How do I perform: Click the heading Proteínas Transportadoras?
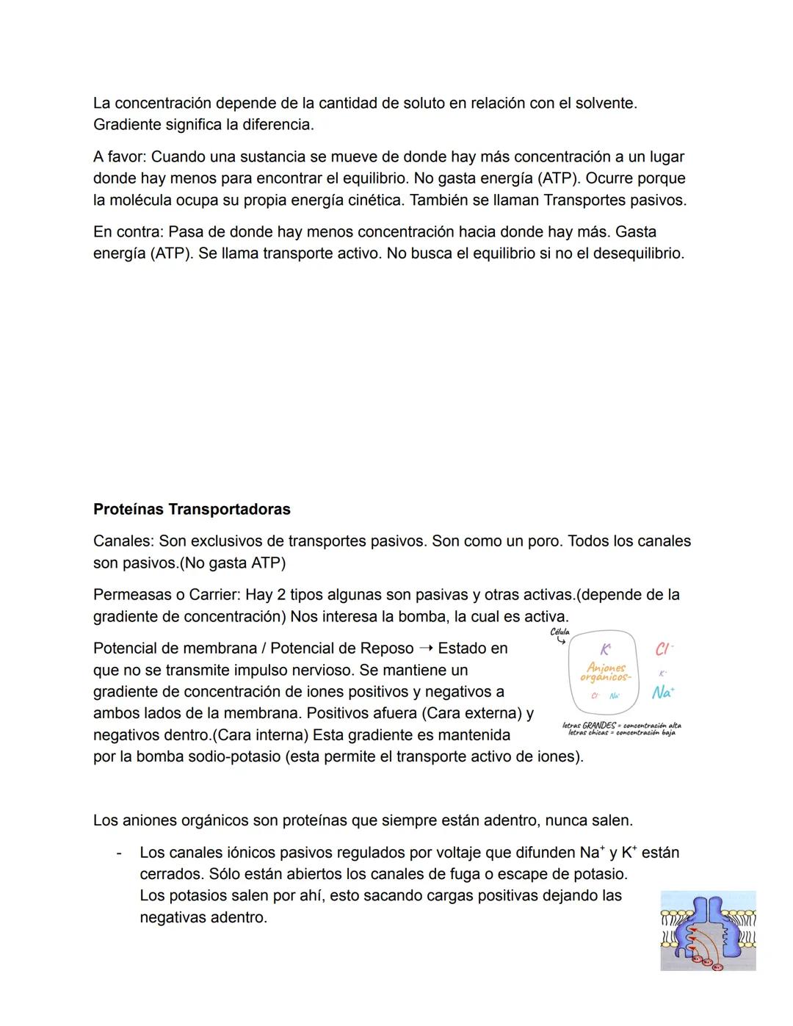pos(192,509)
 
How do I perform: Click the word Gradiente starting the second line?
pos(128,125)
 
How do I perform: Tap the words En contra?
pos(128,232)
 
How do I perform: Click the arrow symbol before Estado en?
pos(426,649)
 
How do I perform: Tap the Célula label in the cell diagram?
pos(560,632)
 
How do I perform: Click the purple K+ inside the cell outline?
pos(605,650)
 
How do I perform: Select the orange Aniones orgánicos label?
pos(606,672)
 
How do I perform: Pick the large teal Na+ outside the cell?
pos(663,693)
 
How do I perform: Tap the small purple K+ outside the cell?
pos(662,673)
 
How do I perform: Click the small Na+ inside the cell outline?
pos(615,696)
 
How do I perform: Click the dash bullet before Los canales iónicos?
pos(118,853)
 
